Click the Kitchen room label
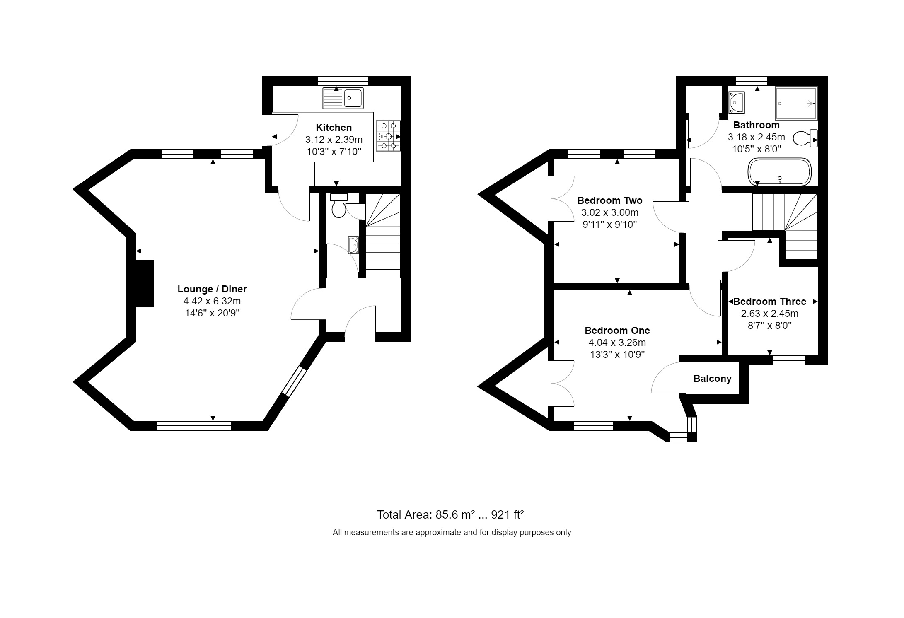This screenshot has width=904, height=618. (334, 128)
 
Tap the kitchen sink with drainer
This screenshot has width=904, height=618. (343, 98)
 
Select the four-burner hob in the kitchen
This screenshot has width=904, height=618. (389, 136)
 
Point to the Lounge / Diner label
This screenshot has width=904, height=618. (212, 289)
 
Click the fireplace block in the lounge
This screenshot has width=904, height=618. (144, 284)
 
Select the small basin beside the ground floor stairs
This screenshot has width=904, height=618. (353, 244)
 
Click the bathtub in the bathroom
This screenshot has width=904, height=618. (779, 172)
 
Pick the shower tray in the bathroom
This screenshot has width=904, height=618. (796, 104)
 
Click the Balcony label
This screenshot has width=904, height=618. (713, 379)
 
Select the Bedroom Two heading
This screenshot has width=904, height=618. (610, 200)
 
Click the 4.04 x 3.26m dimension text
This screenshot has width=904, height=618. (617, 343)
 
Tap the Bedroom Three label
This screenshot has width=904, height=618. (770, 302)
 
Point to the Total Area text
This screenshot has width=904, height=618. (451, 515)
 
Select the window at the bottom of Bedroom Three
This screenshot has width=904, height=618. (789, 360)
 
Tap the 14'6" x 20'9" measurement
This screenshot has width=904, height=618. (213, 313)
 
